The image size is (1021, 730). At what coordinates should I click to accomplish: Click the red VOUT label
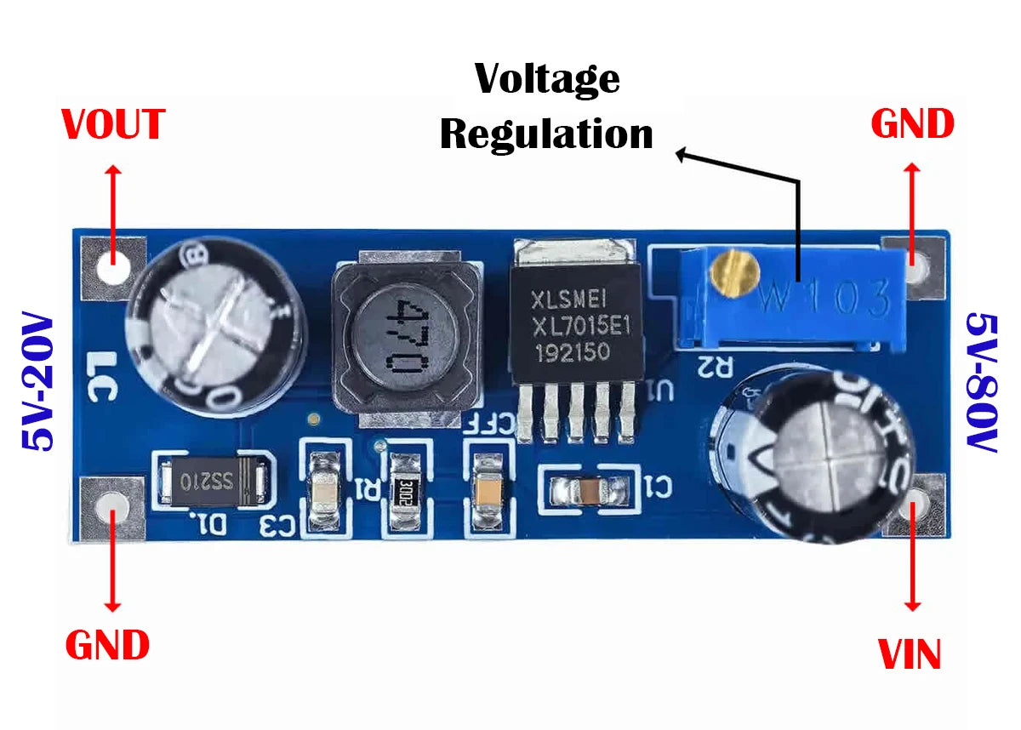point(113,125)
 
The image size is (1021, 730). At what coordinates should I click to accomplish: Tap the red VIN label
point(909,655)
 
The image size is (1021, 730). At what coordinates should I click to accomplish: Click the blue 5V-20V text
point(37,383)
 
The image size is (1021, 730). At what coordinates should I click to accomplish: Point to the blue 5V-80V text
point(982,383)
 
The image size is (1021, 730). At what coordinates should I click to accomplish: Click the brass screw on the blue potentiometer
point(734,275)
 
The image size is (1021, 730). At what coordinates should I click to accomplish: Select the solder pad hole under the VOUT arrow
point(113,269)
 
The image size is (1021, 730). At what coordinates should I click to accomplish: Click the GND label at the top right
point(912,125)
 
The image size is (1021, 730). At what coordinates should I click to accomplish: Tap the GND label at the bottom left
point(108,645)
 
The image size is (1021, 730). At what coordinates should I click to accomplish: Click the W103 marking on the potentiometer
point(825,299)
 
